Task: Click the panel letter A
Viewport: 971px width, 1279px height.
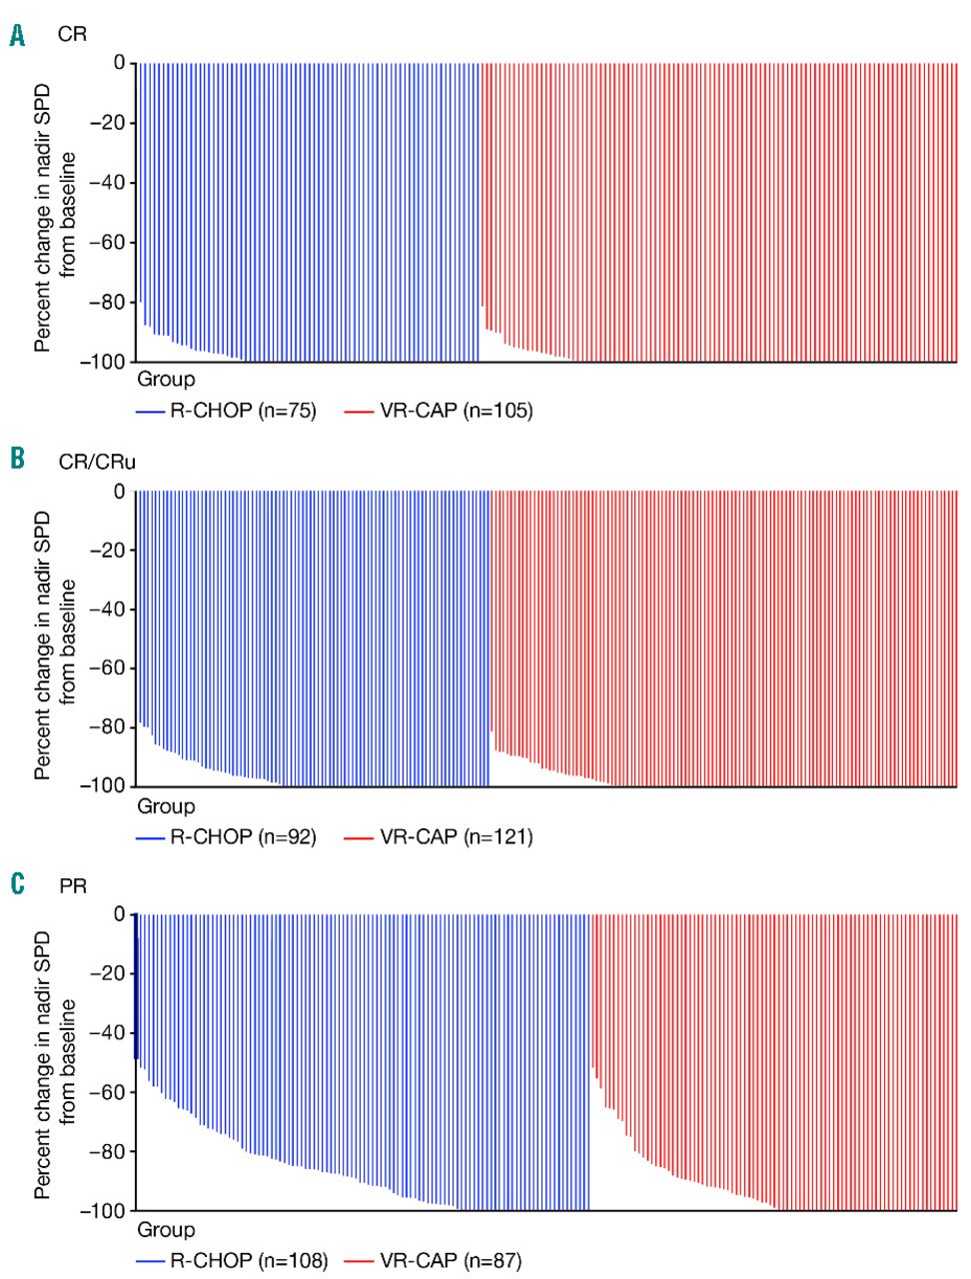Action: click(17, 36)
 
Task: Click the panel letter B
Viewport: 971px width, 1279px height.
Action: click(17, 460)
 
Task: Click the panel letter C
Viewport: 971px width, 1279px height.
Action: click(17, 883)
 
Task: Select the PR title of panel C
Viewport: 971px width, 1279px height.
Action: click(73, 885)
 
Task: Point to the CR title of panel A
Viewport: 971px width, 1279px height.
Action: click(72, 35)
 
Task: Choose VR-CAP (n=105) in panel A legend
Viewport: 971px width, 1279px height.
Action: click(456, 411)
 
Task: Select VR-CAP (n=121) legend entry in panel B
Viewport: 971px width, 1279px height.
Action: click(456, 836)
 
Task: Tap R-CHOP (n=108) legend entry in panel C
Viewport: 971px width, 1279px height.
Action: click(248, 1261)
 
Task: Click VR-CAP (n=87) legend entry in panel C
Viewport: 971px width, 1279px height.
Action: click(450, 1261)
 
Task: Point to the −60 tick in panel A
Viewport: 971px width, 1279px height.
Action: click(107, 243)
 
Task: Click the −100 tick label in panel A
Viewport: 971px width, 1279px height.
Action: click(103, 362)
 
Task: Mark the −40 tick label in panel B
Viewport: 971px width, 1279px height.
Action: click(107, 610)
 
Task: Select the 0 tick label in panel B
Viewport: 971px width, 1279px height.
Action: click(120, 492)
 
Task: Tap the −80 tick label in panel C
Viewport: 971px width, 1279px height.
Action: click(107, 1152)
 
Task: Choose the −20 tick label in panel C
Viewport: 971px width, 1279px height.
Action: click(107, 974)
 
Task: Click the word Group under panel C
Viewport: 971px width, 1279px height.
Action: click(166, 1230)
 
